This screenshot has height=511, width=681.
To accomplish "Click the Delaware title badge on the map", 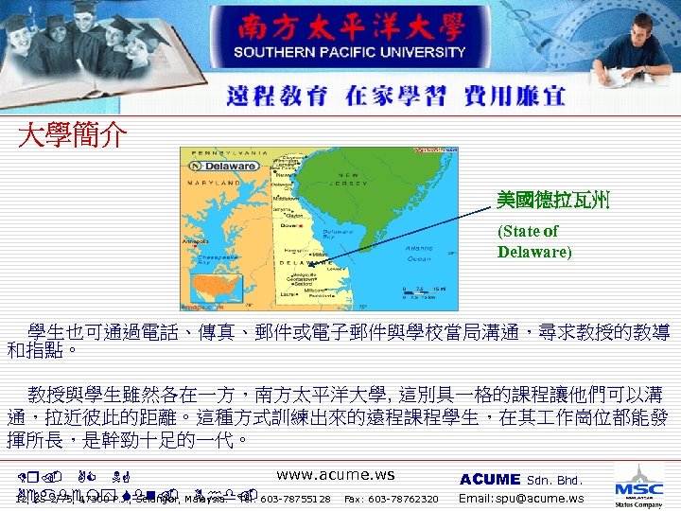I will [x=228, y=167].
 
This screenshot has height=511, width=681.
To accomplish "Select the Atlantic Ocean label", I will [x=418, y=253].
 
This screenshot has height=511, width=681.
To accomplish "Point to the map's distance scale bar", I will [x=426, y=290].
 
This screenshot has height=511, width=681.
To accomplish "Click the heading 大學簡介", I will [x=73, y=136].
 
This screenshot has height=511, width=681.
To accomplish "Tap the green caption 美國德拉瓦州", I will [x=554, y=200].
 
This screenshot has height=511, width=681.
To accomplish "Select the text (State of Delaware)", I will [x=534, y=241].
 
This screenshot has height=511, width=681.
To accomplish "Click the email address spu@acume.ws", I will [x=521, y=499].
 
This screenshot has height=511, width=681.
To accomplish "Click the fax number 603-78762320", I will [x=391, y=499].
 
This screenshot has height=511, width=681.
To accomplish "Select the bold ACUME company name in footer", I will [x=489, y=480].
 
